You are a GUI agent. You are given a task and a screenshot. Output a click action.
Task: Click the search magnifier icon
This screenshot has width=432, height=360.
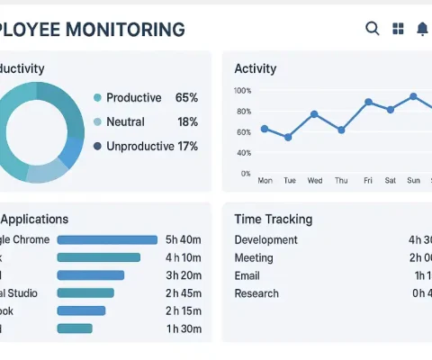click(373, 29)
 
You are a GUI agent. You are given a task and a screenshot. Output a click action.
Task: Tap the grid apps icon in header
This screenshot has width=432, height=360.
click(398, 29)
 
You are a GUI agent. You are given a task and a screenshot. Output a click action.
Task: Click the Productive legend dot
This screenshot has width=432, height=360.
click(97, 97)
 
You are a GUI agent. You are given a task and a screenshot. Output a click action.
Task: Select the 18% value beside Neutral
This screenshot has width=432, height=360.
click(187, 121)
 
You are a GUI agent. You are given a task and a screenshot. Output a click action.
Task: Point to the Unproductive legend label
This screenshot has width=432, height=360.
click(139, 146)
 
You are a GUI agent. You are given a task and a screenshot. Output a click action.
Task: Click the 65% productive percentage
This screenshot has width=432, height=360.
click(186, 97)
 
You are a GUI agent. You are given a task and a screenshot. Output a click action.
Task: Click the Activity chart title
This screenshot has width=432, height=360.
click(255, 68)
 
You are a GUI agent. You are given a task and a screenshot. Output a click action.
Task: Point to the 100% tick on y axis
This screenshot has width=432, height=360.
click(242, 91)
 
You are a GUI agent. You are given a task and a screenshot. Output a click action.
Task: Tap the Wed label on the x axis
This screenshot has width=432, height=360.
click(315, 180)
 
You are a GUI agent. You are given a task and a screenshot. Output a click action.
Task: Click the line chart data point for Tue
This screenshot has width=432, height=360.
click(288, 138)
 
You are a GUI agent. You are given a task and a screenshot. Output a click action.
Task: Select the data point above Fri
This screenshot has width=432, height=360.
click(368, 102)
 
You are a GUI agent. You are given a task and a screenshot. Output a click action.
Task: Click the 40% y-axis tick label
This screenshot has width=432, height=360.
click(244, 152)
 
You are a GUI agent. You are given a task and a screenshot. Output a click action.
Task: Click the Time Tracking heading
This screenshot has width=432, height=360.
click(273, 219)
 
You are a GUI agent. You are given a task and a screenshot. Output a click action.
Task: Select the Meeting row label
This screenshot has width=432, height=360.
click(255, 257)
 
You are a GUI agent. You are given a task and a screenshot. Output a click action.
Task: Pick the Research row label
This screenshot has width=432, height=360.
click(256, 293)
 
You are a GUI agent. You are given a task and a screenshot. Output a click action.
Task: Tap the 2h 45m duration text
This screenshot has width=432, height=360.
click(183, 292)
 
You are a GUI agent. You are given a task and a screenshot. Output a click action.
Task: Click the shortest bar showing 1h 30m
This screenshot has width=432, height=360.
click(75, 328)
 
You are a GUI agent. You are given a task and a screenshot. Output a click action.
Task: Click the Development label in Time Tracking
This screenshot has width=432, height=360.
click(265, 239)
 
